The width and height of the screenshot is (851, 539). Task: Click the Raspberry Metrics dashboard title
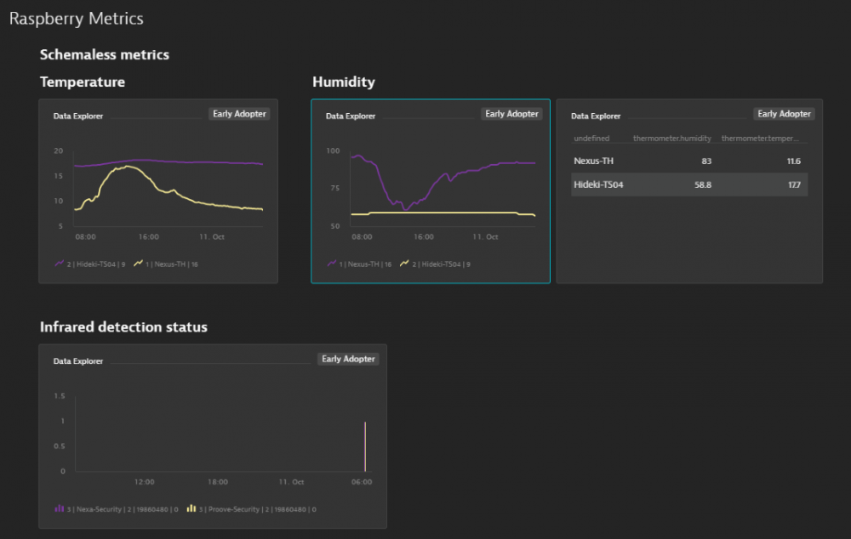(76, 19)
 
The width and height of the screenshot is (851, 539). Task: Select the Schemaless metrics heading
(104, 54)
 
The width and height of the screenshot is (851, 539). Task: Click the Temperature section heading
(82, 82)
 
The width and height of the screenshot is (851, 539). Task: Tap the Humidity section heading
(343, 82)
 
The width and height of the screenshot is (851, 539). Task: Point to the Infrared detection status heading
(123, 326)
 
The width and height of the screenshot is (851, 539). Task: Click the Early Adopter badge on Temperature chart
(239, 114)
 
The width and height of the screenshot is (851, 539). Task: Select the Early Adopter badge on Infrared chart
(348, 359)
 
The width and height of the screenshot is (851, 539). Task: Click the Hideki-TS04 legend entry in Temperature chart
(94, 264)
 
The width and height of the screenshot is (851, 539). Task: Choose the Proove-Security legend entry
(255, 509)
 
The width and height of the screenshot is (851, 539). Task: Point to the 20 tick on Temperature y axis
(59, 151)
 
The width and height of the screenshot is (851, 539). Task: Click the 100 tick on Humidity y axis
(333, 151)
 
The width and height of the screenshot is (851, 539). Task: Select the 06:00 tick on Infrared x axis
(362, 482)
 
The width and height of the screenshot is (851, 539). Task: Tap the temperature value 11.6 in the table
(792, 161)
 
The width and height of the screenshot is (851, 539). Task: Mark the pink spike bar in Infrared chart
(365, 446)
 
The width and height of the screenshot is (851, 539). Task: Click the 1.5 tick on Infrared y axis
(59, 396)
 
